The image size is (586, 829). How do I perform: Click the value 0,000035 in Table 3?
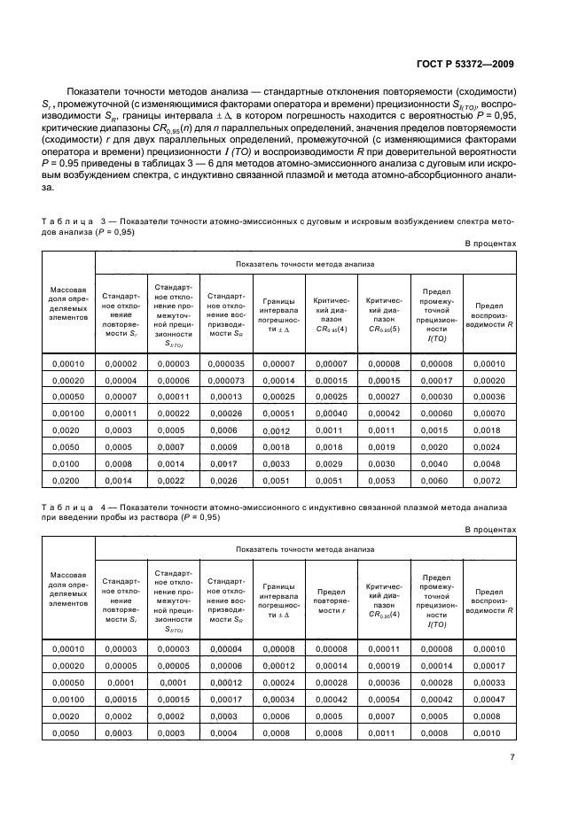point(225,364)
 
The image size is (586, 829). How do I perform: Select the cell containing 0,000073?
point(225,380)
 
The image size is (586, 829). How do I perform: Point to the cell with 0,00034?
point(278,700)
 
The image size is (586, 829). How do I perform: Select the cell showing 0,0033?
point(278,463)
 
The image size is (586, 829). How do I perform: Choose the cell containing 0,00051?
point(278,414)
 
